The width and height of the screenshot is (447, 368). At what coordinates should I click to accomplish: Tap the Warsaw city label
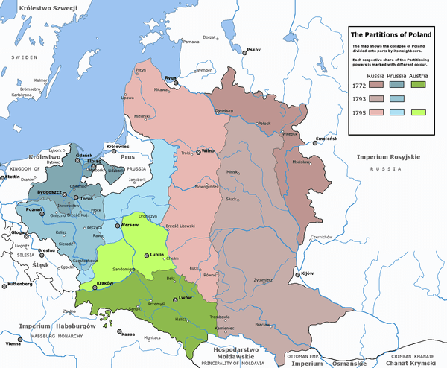131,223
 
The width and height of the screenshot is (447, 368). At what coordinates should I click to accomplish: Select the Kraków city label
104,285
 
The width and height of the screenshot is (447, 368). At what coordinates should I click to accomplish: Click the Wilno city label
209,151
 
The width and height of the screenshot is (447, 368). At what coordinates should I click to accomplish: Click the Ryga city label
170,77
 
